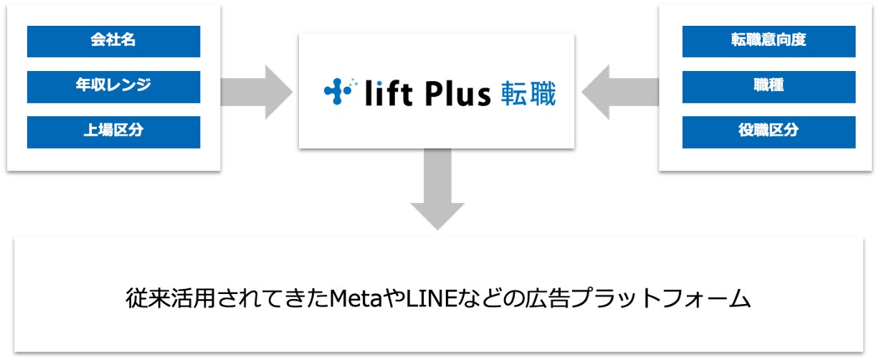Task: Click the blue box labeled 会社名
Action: tap(113, 41)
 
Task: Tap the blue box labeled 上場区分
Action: tap(113, 132)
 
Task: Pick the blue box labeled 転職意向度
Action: tap(769, 41)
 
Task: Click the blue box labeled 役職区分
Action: tap(769, 132)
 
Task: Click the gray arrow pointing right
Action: tap(258, 91)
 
